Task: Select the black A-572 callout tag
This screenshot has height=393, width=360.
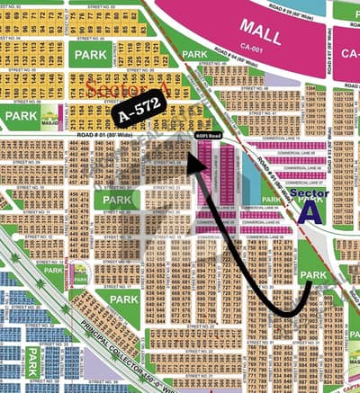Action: [137, 115]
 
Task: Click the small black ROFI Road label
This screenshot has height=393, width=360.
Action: [207, 135]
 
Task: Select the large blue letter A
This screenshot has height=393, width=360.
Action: [311, 211]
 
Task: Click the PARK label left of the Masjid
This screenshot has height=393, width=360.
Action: [20, 116]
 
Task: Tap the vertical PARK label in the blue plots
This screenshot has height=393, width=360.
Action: [32, 360]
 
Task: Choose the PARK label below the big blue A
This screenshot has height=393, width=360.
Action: [312, 275]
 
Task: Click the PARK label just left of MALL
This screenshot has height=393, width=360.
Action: [195, 54]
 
